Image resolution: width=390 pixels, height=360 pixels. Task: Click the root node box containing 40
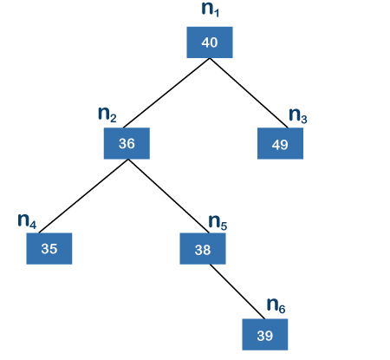coord(210,43)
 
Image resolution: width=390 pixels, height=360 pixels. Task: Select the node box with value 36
coord(127,143)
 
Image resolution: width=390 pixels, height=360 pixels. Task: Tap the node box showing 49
coord(280,143)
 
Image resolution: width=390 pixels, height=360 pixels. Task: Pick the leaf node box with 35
coord(49,248)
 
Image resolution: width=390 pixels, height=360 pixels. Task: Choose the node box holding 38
coord(203,248)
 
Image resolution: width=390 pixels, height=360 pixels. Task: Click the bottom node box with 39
coord(265,334)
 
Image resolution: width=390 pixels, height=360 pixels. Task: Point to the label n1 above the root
coord(210,9)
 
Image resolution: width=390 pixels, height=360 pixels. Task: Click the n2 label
coord(107,115)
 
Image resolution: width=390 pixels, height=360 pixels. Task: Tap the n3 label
coord(298,115)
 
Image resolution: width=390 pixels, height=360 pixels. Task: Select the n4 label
coord(27,221)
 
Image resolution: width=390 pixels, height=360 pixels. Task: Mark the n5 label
coord(218,222)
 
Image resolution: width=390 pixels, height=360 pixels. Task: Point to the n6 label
coord(276,305)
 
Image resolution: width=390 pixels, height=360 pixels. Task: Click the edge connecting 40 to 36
coord(166,93)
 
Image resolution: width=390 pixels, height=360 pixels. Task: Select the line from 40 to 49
coord(249,93)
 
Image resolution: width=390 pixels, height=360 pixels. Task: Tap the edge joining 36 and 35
coord(83,196)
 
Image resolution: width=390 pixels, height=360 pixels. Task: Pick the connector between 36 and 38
coord(168,196)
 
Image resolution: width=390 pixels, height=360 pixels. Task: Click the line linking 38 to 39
coord(237,291)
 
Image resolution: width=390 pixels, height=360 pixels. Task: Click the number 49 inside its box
coord(280,145)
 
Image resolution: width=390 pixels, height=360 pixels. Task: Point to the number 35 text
coord(49,249)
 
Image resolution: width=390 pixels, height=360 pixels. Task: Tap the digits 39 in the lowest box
coord(265,336)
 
